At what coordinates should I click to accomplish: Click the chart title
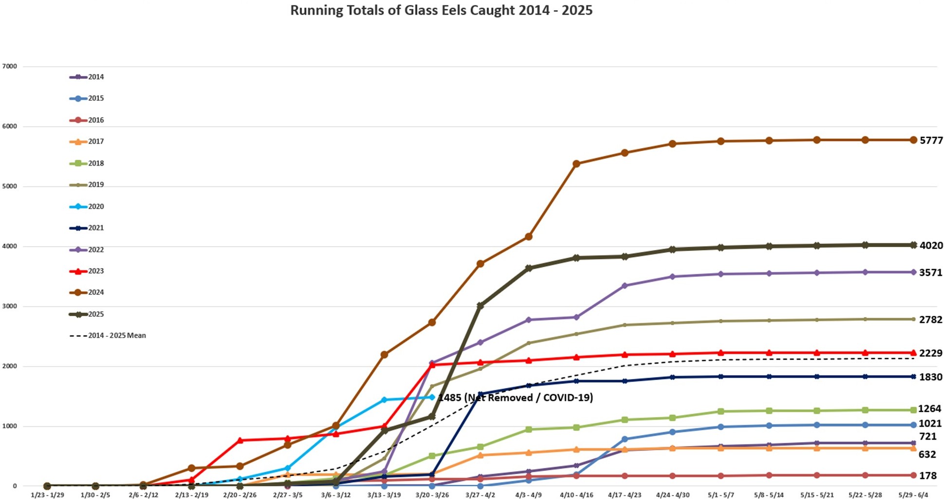coord(441,10)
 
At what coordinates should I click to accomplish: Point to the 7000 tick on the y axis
coord(10,66)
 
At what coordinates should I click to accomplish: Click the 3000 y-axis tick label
coord(10,306)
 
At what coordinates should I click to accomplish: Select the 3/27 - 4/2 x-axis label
coord(480,495)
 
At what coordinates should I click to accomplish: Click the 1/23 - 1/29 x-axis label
coord(47,495)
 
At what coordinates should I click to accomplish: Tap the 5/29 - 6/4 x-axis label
coord(913,495)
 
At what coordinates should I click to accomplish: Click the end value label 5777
coord(931,140)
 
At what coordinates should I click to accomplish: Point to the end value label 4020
coord(931,246)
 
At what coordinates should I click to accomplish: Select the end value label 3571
coord(930,273)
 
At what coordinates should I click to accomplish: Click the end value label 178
coord(927,476)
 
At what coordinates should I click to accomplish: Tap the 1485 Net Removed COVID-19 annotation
coord(515,398)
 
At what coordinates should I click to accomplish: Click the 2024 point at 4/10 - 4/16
coord(576,164)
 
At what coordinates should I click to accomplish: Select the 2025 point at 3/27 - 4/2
coord(480,306)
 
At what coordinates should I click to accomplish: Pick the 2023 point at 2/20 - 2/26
coord(240,441)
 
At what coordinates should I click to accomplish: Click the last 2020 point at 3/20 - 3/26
coord(432,397)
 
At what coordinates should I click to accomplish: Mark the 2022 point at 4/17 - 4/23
coord(624,286)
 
